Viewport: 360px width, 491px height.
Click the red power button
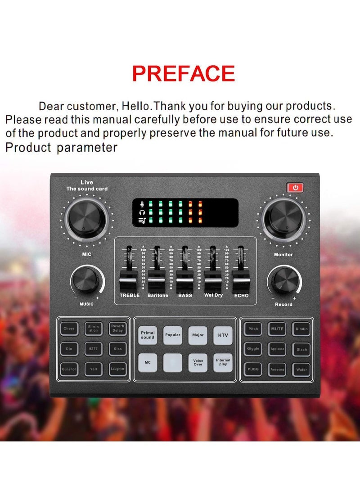(x=296, y=187)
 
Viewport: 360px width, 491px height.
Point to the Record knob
(x=283, y=280)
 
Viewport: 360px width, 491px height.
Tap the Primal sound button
(x=148, y=335)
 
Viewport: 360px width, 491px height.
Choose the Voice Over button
(x=198, y=363)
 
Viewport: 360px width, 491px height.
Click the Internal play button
(x=223, y=363)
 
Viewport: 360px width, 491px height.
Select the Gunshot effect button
(x=69, y=369)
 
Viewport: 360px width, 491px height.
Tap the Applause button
(x=277, y=349)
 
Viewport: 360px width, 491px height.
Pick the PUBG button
(x=253, y=369)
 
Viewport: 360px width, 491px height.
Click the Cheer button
(x=69, y=329)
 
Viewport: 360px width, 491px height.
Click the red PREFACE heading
(x=183, y=73)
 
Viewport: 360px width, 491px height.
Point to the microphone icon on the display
(x=143, y=204)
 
